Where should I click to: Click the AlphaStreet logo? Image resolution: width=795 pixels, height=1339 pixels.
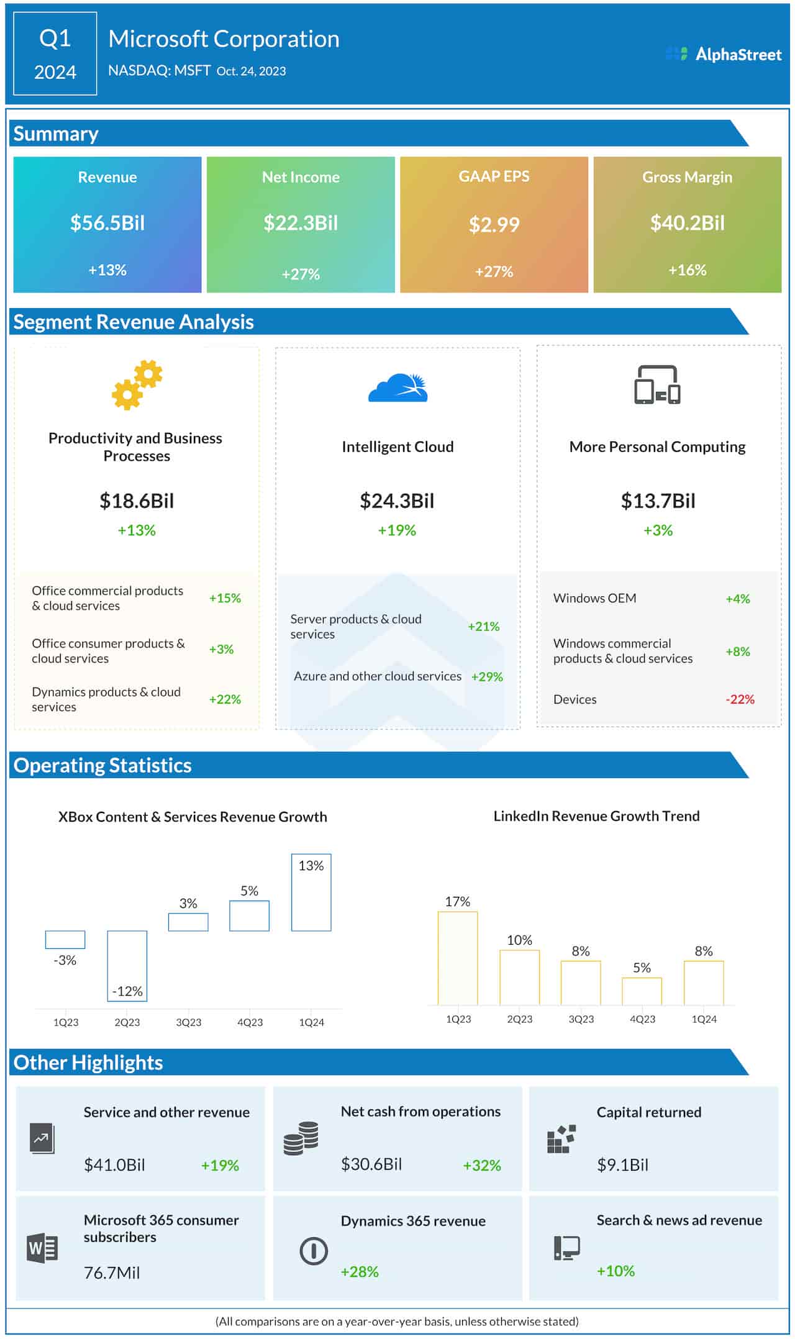tap(723, 55)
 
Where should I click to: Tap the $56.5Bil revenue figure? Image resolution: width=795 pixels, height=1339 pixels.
tap(107, 223)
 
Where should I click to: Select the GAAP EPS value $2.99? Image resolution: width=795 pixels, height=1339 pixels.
tap(494, 224)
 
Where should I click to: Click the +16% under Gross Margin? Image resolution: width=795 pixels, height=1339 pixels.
tap(687, 270)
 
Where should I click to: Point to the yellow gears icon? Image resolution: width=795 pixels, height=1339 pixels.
tap(137, 385)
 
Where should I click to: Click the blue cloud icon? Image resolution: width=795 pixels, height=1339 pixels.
tap(398, 388)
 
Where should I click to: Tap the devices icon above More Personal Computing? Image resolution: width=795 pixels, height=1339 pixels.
tap(657, 385)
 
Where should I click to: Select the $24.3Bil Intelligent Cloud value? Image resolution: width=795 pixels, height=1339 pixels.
tap(397, 501)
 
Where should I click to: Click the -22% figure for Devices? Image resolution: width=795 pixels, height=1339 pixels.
tap(740, 699)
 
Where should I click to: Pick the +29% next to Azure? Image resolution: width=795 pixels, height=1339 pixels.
tap(487, 677)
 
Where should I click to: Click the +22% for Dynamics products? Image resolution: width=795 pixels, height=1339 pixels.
tap(225, 699)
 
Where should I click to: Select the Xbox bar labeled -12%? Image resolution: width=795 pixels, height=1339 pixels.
tap(127, 965)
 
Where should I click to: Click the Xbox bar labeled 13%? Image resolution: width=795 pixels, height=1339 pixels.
tap(311, 892)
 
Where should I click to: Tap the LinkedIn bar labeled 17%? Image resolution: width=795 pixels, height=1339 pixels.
tap(458, 958)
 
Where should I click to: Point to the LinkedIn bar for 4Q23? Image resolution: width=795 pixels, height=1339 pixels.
tap(642, 991)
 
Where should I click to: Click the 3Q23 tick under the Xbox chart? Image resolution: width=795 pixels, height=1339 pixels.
tap(189, 1022)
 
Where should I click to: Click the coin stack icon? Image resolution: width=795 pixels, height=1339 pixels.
tap(301, 1138)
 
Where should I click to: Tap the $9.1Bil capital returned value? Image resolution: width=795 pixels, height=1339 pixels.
tap(622, 1164)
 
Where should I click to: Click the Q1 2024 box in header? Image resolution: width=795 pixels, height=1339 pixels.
tap(55, 54)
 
